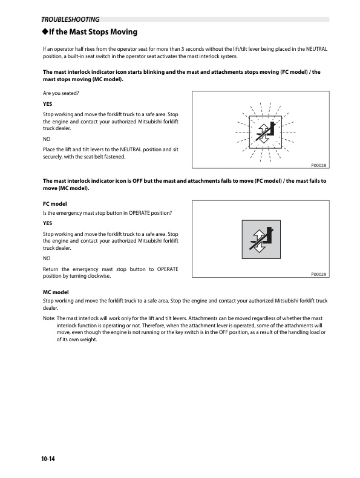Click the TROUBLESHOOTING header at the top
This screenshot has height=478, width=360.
[70, 19]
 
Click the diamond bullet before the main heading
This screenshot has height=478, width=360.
[45, 31]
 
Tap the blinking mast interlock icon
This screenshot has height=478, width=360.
[265, 132]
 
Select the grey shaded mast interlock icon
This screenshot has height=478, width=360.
[261, 240]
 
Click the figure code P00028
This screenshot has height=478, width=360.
[318, 165]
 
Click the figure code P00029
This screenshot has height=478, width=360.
[318, 274]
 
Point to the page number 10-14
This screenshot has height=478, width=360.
[48, 459]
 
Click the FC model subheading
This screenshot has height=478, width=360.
[55, 204]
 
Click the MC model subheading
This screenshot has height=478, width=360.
[56, 292]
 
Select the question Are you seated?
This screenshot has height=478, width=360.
[61, 93]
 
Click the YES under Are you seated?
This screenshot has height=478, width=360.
[48, 104]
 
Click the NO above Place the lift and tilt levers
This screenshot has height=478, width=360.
[47, 139]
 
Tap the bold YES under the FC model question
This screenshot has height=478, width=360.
[48, 223]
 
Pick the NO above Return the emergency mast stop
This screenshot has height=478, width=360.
[47, 258]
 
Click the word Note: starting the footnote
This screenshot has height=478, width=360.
[49, 318]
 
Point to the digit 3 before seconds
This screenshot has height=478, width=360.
[183, 49]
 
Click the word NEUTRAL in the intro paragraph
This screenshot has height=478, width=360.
[316, 49]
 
